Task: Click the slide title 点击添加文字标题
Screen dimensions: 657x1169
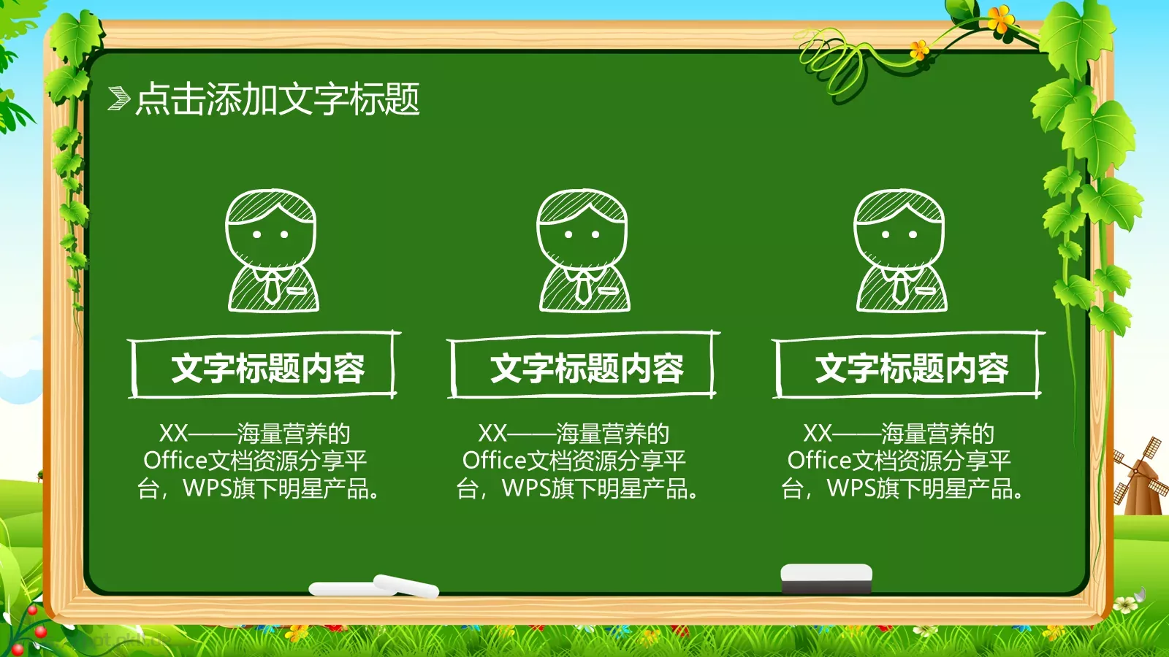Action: pos(278,99)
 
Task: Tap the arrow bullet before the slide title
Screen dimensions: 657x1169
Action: pos(118,99)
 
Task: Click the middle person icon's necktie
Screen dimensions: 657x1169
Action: pos(582,287)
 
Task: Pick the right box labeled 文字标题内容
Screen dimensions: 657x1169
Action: pos(908,367)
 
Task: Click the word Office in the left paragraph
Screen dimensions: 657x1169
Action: pos(175,461)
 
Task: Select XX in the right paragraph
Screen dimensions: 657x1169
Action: pos(818,434)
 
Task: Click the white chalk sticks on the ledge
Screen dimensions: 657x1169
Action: pos(374,586)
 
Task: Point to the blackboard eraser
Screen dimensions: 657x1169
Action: pos(826,578)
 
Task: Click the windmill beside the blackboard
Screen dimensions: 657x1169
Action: pos(1136,474)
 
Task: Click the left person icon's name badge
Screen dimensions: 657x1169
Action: pos(297,290)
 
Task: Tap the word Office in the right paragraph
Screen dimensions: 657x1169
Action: pos(819,461)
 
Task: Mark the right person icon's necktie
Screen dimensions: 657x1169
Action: pos(899,287)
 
